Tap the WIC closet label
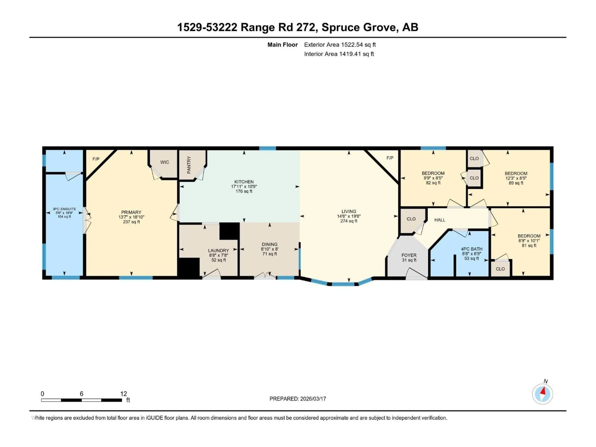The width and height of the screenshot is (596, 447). (x=165, y=162)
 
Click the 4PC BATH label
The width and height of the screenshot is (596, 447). (x=472, y=249)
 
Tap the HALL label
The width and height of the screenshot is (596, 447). (x=440, y=220)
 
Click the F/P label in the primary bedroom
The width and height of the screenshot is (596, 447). (x=96, y=159)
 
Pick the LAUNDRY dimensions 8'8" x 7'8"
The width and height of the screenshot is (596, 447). (x=219, y=255)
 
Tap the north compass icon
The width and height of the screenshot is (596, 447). (x=542, y=394)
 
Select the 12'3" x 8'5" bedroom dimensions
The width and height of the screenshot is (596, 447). (x=516, y=178)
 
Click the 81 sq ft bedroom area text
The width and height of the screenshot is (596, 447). (x=529, y=245)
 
